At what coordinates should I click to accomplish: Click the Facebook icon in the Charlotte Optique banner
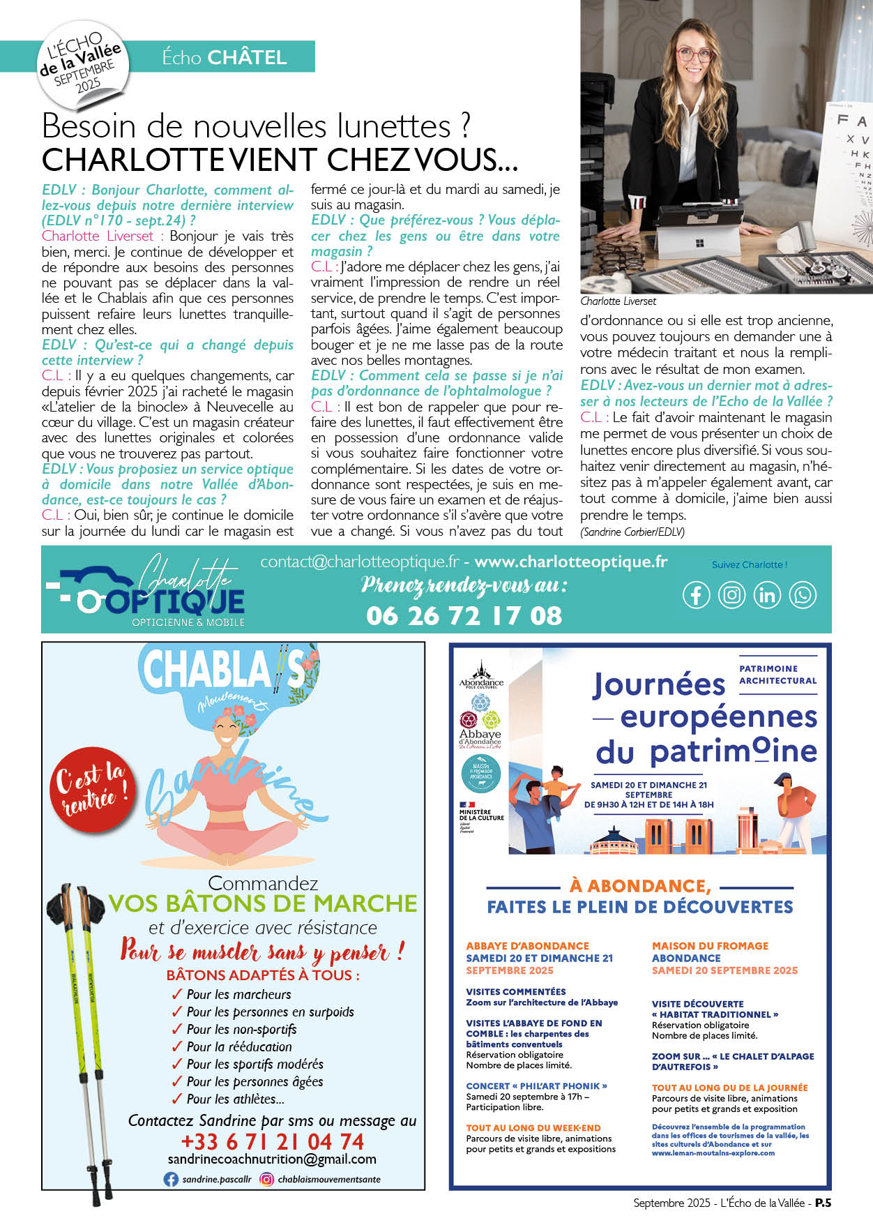coord(696,595)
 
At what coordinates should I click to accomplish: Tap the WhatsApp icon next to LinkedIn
coord(803,595)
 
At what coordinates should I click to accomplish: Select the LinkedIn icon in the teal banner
coord(767,595)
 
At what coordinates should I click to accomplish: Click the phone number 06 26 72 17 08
coord(464,615)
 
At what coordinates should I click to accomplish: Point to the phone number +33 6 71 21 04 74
coord(272,1141)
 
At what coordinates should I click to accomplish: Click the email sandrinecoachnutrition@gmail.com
coord(272,1159)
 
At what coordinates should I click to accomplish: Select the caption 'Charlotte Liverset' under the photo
coord(618,301)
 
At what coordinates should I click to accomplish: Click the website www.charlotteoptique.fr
coord(570,562)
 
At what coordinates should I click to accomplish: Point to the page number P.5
coord(823,1203)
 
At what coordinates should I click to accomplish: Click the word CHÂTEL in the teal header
coord(247,57)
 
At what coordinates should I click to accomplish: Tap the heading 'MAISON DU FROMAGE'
coord(710,946)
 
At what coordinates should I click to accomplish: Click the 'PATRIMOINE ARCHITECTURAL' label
coord(777,675)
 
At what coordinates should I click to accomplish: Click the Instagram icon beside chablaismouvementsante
coord(266,1179)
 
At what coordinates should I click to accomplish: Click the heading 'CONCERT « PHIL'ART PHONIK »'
coord(536,1086)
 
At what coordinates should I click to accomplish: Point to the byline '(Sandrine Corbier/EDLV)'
coord(632,532)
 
